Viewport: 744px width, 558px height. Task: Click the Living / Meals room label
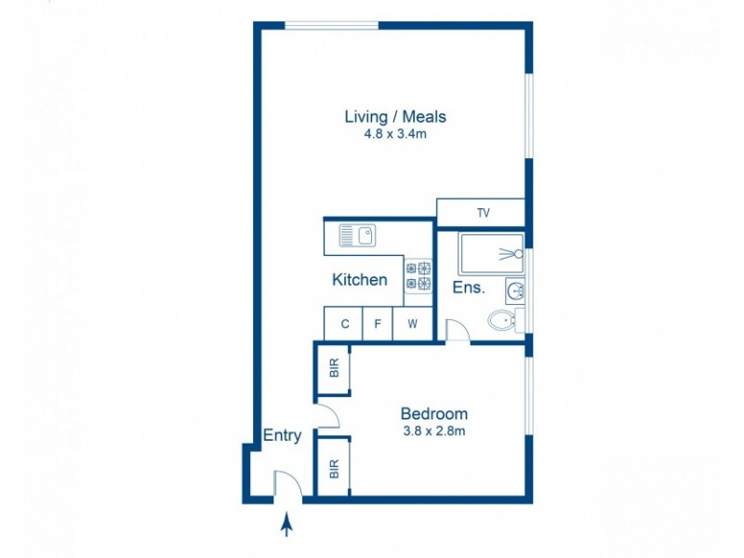(x=395, y=117)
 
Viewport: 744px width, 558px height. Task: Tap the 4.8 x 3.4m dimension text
(x=395, y=135)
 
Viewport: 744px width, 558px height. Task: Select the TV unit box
(x=482, y=213)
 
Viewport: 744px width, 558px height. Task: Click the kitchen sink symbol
(x=356, y=236)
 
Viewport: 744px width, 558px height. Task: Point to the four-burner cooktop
(x=418, y=277)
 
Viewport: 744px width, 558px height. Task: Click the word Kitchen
(x=360, y=279)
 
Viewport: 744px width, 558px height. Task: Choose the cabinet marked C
(x=345, y=325)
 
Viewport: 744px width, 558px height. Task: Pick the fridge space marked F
(x=377, y=325)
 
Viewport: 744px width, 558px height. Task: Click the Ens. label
(x=469, y=287)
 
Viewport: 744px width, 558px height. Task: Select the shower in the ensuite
(x=491, y=253)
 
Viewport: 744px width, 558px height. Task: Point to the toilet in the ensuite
(x=502, y=321)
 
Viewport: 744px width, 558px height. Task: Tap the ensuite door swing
(x=458, y=330)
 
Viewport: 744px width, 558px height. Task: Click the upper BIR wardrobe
(x=334, y=368)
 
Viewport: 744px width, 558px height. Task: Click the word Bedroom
(x=433, y=414)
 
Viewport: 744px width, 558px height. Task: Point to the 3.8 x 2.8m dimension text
(x=433, y=431)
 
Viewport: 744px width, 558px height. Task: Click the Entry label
(x=282, y=435)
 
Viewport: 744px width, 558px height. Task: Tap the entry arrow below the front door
(x=286, y=526)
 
